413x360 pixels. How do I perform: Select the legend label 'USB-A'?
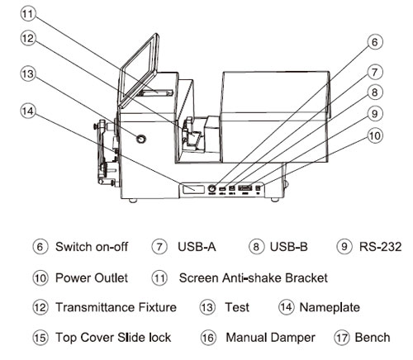tap(195, 247)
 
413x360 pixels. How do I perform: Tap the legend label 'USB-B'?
tap(292, 247)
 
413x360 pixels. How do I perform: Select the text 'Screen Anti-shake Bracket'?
tap(253, 277)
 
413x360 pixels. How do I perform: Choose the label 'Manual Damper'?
tap(266, 337)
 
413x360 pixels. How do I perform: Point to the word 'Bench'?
tap(373, 337)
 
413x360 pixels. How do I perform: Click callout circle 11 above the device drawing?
tap(28, 14)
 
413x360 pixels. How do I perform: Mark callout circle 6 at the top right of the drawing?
tap(375, 41)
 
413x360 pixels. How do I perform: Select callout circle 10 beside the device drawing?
tap(375, 134)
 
